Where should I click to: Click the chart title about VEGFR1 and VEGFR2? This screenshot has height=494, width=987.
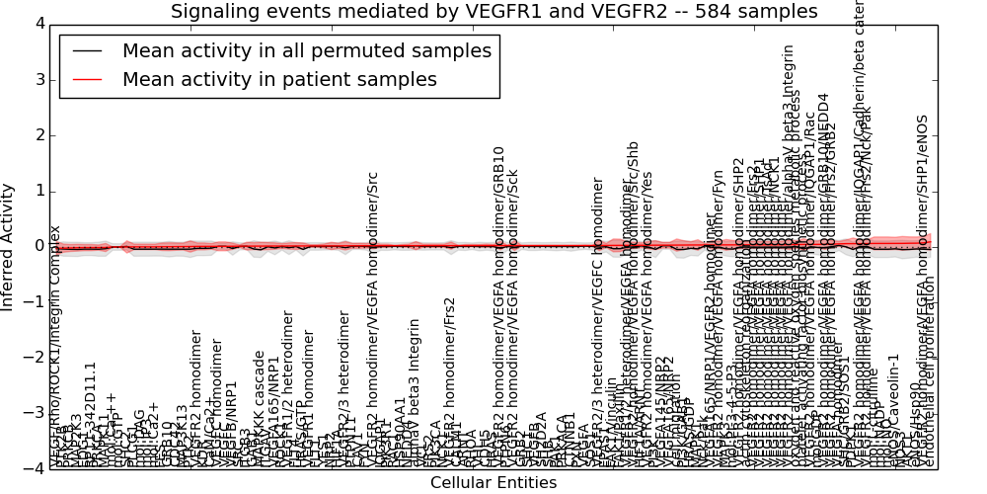click(493, 11)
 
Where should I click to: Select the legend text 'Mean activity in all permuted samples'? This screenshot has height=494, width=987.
click(306, 51)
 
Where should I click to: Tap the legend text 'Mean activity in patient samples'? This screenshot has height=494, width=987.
click(279, 79)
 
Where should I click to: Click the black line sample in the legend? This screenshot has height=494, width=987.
click(88, 51)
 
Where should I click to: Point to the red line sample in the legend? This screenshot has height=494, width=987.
click(88, 79)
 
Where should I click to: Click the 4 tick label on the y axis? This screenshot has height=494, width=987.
click(38, 24)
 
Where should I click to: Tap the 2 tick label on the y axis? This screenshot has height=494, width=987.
click(38, 135)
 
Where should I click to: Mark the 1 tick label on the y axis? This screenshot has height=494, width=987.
click(38, 191)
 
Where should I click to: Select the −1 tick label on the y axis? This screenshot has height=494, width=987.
click(35, 302)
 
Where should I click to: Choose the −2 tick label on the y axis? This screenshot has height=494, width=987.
click(35, 358)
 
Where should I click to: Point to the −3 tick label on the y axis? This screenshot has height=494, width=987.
click(35, 414)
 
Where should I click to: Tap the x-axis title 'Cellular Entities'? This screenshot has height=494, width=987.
click(493, 483)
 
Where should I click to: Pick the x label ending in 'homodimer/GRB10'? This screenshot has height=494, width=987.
click(499, 306)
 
